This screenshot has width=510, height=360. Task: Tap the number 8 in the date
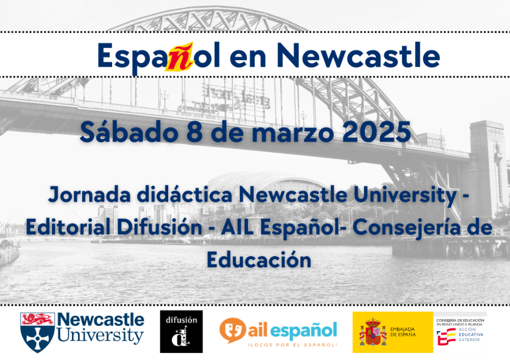[x=207, y=131]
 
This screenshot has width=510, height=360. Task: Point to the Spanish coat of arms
[x=373, y=332]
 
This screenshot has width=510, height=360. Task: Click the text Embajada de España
[x=403, y=332]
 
